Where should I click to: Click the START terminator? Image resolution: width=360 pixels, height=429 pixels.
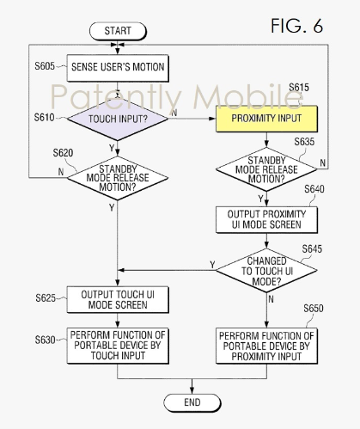click(118, 31)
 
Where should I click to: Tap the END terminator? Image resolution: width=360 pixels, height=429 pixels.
click(192, 402)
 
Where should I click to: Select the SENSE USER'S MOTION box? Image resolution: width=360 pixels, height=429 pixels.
click(118, 68)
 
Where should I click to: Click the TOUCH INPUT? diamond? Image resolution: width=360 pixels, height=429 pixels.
click(118, 119)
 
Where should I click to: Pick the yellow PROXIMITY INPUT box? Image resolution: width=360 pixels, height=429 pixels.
click(266, 119)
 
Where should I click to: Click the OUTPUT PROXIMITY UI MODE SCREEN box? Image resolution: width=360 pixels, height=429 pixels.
click(266, 220)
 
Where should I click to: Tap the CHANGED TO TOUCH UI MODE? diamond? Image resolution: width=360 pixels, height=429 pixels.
click(266, 270)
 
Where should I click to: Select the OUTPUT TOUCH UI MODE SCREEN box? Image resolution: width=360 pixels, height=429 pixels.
click(118, 299)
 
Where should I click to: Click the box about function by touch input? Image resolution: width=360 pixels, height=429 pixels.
click(118, 346)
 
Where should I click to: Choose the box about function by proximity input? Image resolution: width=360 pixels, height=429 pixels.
click(266, 346)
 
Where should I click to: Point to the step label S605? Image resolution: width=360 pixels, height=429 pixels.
click(45, 66)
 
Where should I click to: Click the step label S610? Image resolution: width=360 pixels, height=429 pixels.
click(44, 117)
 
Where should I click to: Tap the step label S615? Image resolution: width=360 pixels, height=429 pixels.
click(299, 87)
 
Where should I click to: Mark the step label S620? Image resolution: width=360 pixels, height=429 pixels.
click(63, 153)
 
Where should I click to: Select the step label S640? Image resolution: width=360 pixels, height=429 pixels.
click(314, 189)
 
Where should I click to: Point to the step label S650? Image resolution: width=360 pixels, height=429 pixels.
click(314, 309)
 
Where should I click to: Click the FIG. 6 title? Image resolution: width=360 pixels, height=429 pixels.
click(296, 26)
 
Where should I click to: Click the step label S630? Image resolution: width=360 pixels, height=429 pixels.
click(46, 340)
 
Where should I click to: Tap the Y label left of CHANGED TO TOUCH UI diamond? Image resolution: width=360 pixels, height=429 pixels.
click(212, 265)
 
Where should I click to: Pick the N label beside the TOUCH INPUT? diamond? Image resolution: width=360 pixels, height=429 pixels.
click(174, 113)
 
